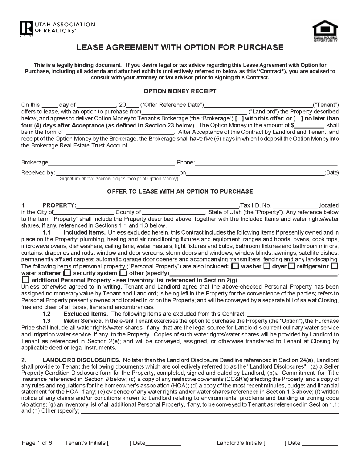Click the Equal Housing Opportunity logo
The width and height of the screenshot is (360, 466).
tap(325, 31)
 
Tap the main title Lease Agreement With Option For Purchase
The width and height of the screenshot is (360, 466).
tap(180, 47)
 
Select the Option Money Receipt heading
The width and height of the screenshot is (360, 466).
tap(180, 91)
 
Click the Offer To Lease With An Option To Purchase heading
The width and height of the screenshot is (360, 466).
tap(180, 191)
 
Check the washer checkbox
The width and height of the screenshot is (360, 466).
tap(235, 266)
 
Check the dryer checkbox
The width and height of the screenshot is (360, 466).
tap(267, 266)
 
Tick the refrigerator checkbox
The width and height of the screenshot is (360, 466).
tap(291, 266)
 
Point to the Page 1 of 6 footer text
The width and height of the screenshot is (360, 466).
tap(37, 443)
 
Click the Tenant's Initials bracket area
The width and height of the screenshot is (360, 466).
tap(119, 443)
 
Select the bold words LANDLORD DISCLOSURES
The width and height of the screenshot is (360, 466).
tap(81, 360)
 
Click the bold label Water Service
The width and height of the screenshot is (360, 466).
tap(83, 321)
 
